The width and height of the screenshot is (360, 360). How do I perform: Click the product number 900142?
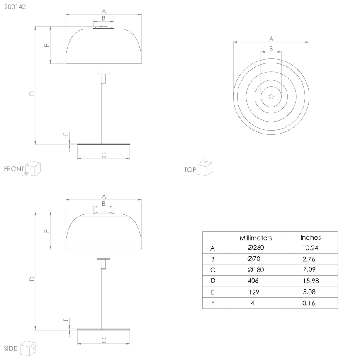[x=15, y=8]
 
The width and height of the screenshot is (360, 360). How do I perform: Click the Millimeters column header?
[x=255, y=238]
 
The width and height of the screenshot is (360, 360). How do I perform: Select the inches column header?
[x=311, y=238]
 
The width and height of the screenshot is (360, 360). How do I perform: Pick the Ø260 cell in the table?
[x=255, y=248]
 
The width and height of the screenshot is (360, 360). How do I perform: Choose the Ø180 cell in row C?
[x=255, y=270]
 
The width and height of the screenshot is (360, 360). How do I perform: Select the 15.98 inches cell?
[x=311, y=281]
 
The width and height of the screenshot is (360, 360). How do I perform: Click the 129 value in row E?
[x=254, y=292]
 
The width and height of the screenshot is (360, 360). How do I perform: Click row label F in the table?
[x=213, y=303]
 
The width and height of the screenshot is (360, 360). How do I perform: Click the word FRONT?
[x=14, y=169]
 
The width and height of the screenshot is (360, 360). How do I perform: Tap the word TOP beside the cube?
[x=190, y=170]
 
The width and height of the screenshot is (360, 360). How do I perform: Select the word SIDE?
[x=10, y=348]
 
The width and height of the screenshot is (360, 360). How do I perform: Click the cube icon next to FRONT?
[x=33, y=168]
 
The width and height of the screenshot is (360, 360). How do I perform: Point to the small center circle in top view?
[x=271, y=96]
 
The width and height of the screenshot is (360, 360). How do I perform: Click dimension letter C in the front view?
[x=104, y=155]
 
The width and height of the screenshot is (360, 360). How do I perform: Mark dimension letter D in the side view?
[x=32, y=279]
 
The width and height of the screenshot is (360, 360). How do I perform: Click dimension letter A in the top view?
[x=271, y=39]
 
